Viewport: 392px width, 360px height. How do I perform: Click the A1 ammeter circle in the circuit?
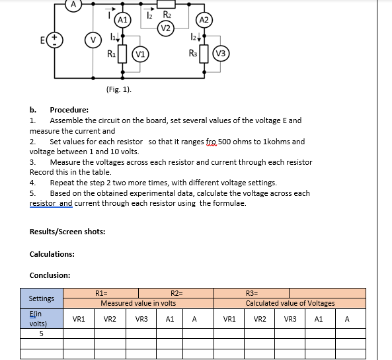coord(122,20)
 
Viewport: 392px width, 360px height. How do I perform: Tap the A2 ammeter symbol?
coord(204,20)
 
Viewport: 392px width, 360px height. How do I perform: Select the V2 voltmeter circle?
coord(167,27)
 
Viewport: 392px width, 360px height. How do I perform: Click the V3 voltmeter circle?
coord(221,54)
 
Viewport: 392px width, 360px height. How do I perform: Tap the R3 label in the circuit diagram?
coord(192,53)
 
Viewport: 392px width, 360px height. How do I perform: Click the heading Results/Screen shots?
coord(67,231)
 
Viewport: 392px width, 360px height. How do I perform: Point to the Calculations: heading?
coord(52,254)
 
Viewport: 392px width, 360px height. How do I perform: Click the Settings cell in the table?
coord(42,298)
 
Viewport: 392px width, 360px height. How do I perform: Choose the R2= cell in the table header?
coord(176,293)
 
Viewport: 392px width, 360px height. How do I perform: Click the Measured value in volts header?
coord(138,303)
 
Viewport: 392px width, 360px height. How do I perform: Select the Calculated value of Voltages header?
coord(290,303)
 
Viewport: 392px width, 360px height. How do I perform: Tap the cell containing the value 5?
coord(41,334)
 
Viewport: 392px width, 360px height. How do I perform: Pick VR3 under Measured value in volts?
coord(141,319)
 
